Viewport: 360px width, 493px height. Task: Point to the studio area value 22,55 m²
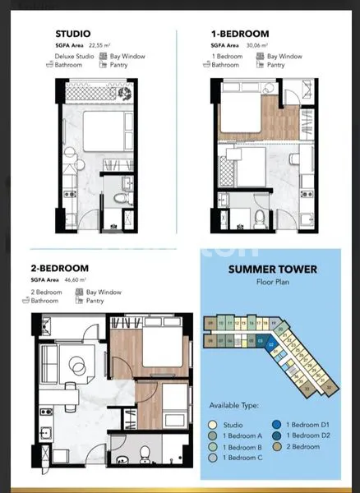click(x=98, y=47)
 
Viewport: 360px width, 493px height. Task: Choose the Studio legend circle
click(x=215, y=423)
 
